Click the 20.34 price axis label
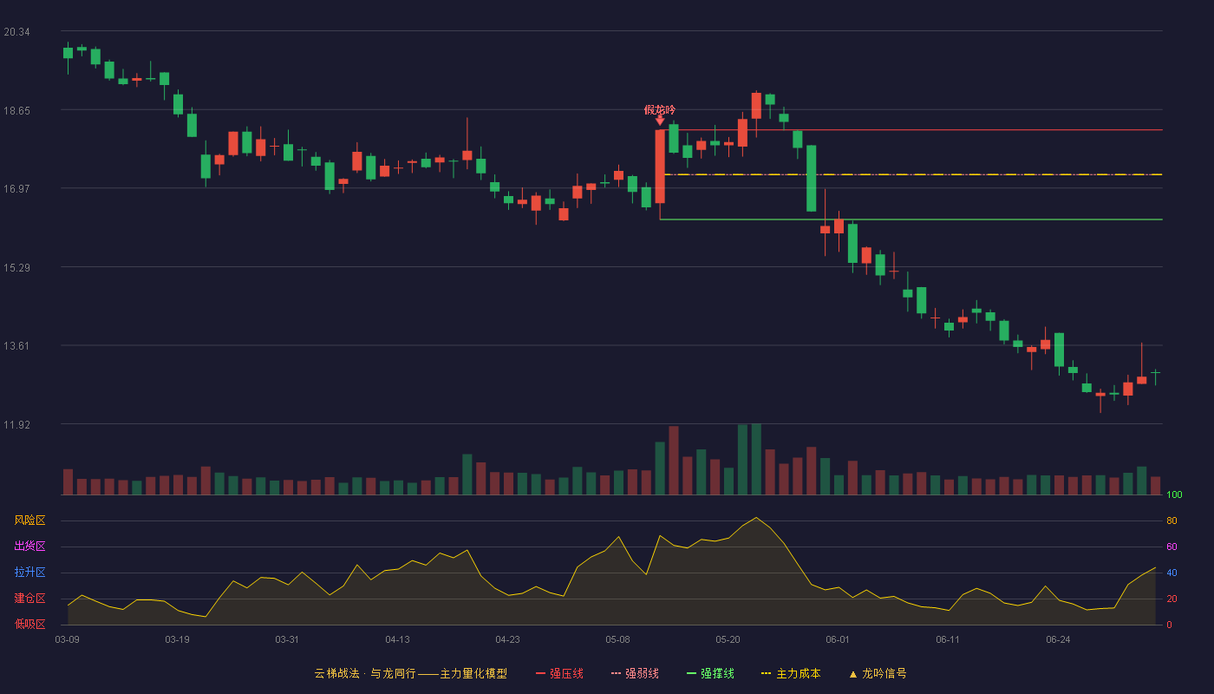(x=16, y=32)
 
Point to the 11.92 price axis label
(x=16, y=424)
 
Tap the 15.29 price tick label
(x=16, y=268)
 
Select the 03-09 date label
(x=68, y=640)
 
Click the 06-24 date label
(x=1058, y=640)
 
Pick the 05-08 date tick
(x=617, y=640)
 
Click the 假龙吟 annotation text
(x=660, y=110)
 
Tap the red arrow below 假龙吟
(x=660, y=121)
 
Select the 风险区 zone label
(x=29, y=520)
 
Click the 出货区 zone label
(x=29, y=546)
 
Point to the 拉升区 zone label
(x=29, y=572)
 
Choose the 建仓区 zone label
(x=29, y=598)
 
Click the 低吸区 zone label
(x=29, y=624)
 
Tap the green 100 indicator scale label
(x=1174, y=494)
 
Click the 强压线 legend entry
(x=559, y=673)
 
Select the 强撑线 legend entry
(x=710, y=673)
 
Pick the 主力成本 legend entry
(x=791, y=673)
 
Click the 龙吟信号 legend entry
(x=878, y=673)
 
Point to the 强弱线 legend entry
(x=635, y=673)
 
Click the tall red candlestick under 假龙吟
(x=660, y=167)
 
